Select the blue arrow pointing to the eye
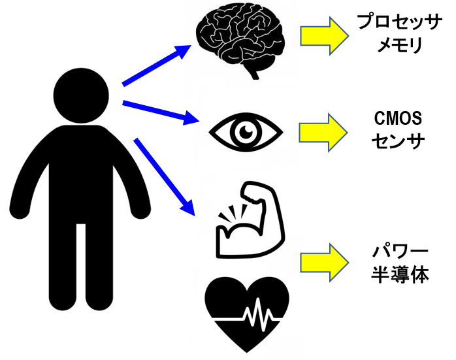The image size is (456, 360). click(160, 110)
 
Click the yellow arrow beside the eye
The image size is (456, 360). click(324, 131)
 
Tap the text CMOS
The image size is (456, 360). click(397, 118)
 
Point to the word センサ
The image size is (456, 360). click(397, 141)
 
